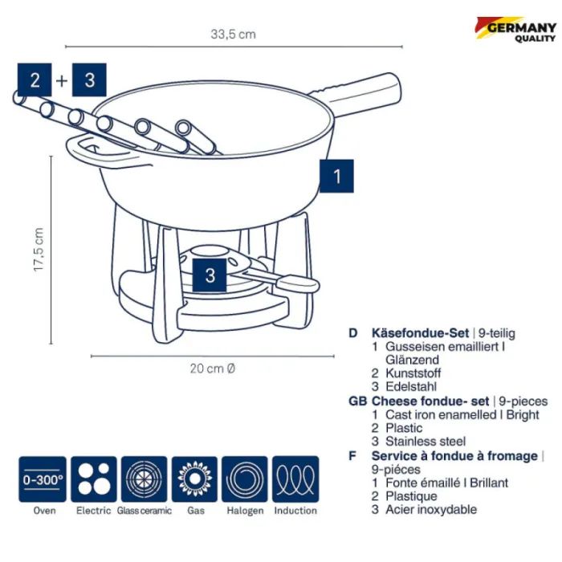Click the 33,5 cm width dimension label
pyautogui.click(x=234, y=35)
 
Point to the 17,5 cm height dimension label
pyautogui.click(x=39, y=250)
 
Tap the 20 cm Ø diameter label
pyautogui.click(x=213, y=369)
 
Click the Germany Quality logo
pyautogui.click(x=515, y=30)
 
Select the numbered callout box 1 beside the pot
pyautogui.click(x=336, y=177)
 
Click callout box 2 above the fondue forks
pyautogui.click(x=35, y=80)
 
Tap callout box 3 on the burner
pyautogui.click(x=210, y=275)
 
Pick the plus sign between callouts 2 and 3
pyautogui.click(x=62, y=80)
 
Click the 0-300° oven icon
pyautogui.click(x=43, y=479)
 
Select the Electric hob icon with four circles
pyautogui.click(x=94, y=479)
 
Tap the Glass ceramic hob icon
pyautogui.click(x=144, y=479)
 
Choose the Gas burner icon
pyautogui.click(x=194, y=479)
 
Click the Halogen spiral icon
pyautogui.click(x=245, y=479)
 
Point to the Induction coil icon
pyautogui.click(x=295, y=479)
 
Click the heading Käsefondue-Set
pyautogui.click(x=420, y=333)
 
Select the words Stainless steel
pyautogui.click(x=426, y=442)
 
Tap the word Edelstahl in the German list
pyautogui.click(x=411, y=387)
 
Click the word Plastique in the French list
pyautogui.click(x=411, y=496)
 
